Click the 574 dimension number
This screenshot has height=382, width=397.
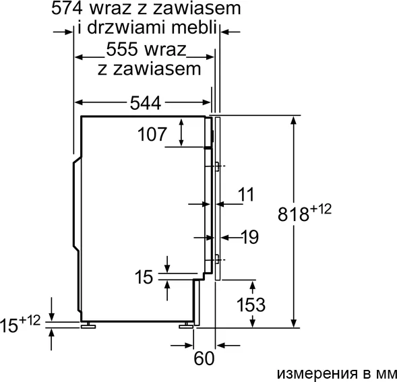[67, 8]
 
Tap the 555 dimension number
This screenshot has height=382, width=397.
[122, 49]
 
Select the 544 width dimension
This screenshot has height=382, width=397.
[146, 103]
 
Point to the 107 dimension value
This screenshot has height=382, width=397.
[152, 134]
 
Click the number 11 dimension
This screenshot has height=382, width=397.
[246, 195]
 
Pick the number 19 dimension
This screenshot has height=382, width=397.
[251, 237]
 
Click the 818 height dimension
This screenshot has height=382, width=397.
[293, 214]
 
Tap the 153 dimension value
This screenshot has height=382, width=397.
[251, 305]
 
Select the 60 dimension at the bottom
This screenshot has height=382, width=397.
[204, 358]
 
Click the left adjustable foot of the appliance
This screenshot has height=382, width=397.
[88, 325]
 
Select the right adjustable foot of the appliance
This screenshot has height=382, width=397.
[186, 325]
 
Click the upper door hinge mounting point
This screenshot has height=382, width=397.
[217, 166]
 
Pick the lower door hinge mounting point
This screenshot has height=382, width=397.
[217, 260]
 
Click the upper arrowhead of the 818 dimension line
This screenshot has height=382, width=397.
[294, 120]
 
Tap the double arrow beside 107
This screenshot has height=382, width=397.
[181, 132]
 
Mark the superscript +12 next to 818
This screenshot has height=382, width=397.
[320, 210]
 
